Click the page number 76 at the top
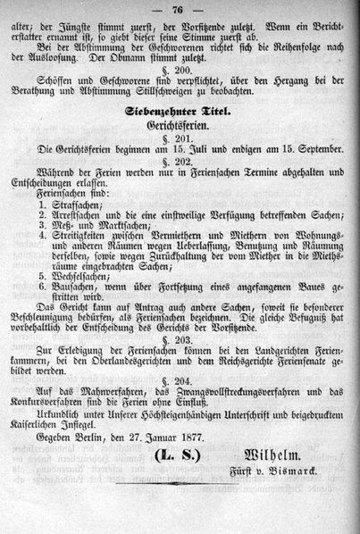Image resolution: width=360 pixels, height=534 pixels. [x=179, y=10]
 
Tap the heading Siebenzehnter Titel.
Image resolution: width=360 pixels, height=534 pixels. [x=179, y=113]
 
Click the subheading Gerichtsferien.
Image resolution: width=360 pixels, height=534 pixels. [x=179, y=129]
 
